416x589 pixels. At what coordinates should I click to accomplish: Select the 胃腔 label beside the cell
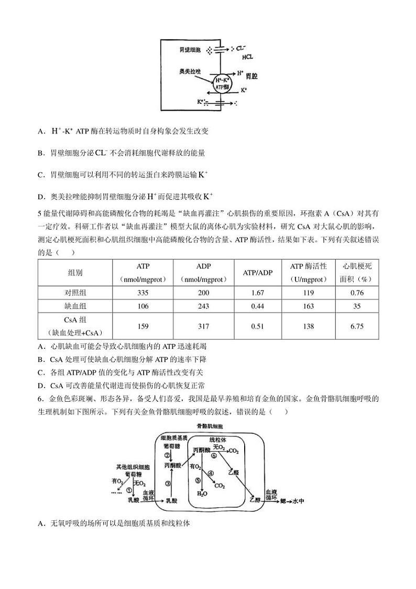point(251,77)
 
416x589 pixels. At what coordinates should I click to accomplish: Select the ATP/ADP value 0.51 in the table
point(257,326)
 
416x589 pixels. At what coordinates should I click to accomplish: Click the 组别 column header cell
point(75,273)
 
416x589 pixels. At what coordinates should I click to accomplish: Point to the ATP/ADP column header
point(258,273)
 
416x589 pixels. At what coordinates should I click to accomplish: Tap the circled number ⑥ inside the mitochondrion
point(214,456)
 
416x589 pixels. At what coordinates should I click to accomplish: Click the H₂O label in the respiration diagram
point(202,494)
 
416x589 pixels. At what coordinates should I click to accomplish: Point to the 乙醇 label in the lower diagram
point(255,500)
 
